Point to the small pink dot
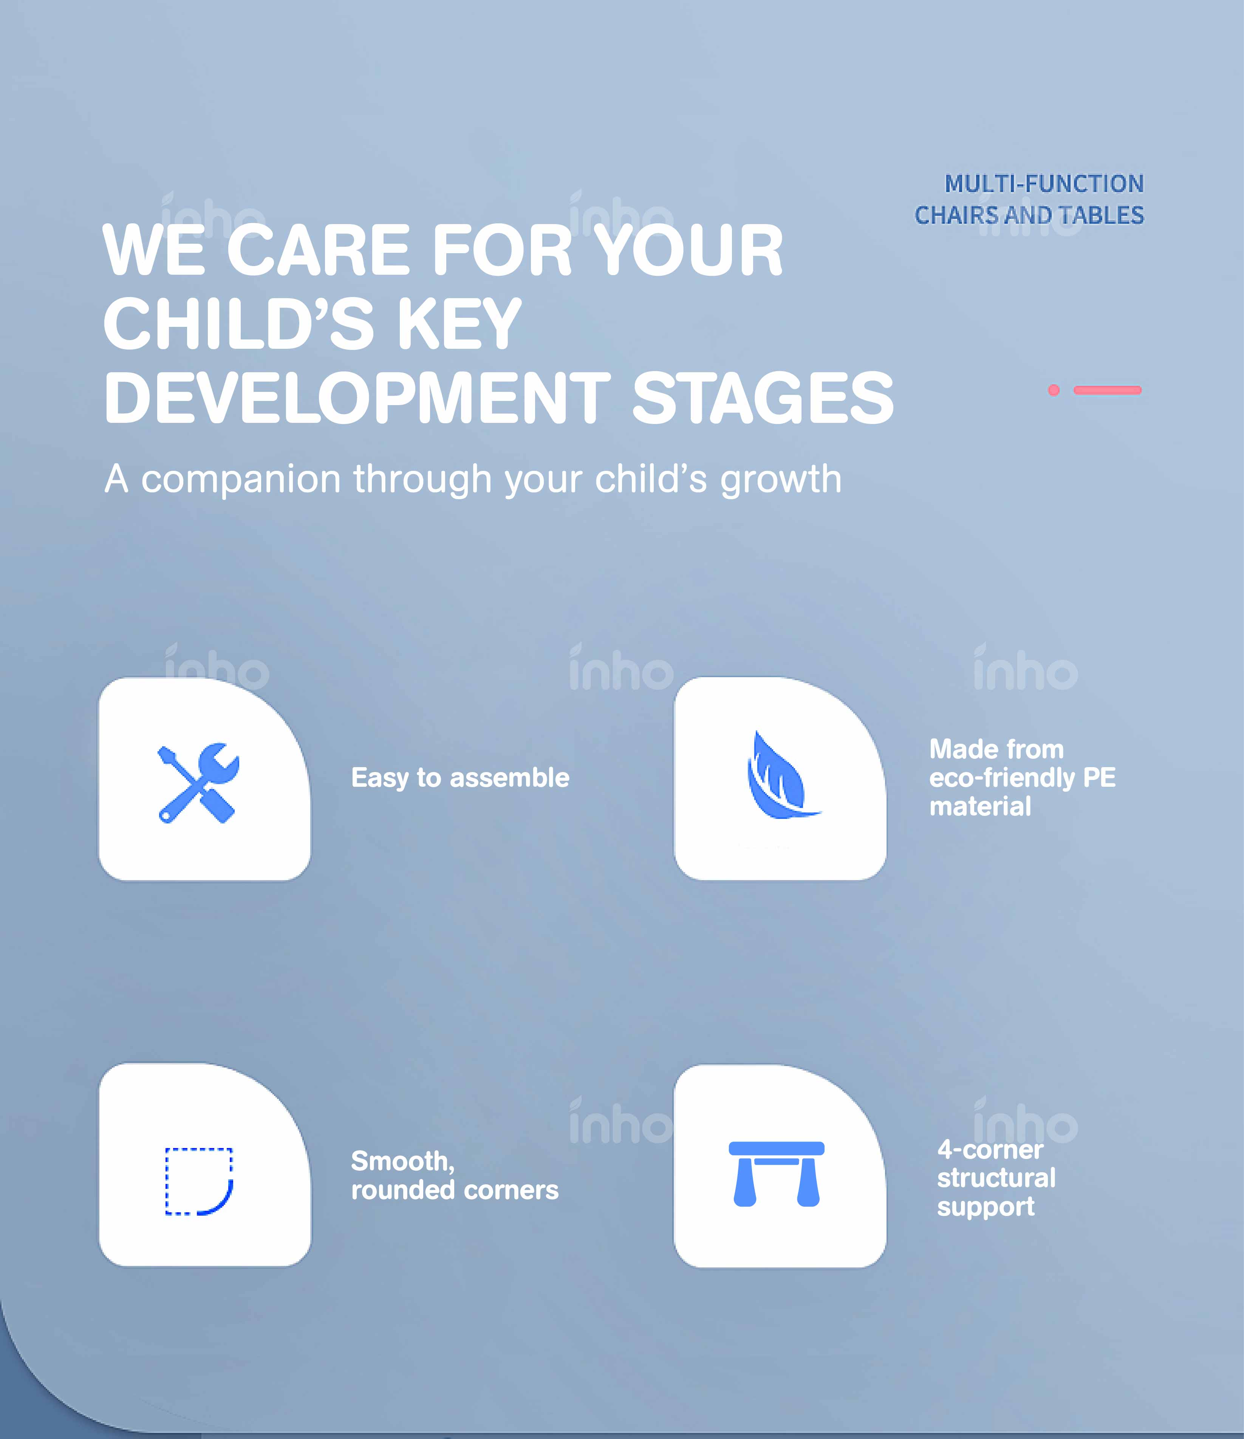point(1054,390)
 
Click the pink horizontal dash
point(1107,390)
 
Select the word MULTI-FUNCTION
point(1044,184)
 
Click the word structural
point(997,1178)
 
